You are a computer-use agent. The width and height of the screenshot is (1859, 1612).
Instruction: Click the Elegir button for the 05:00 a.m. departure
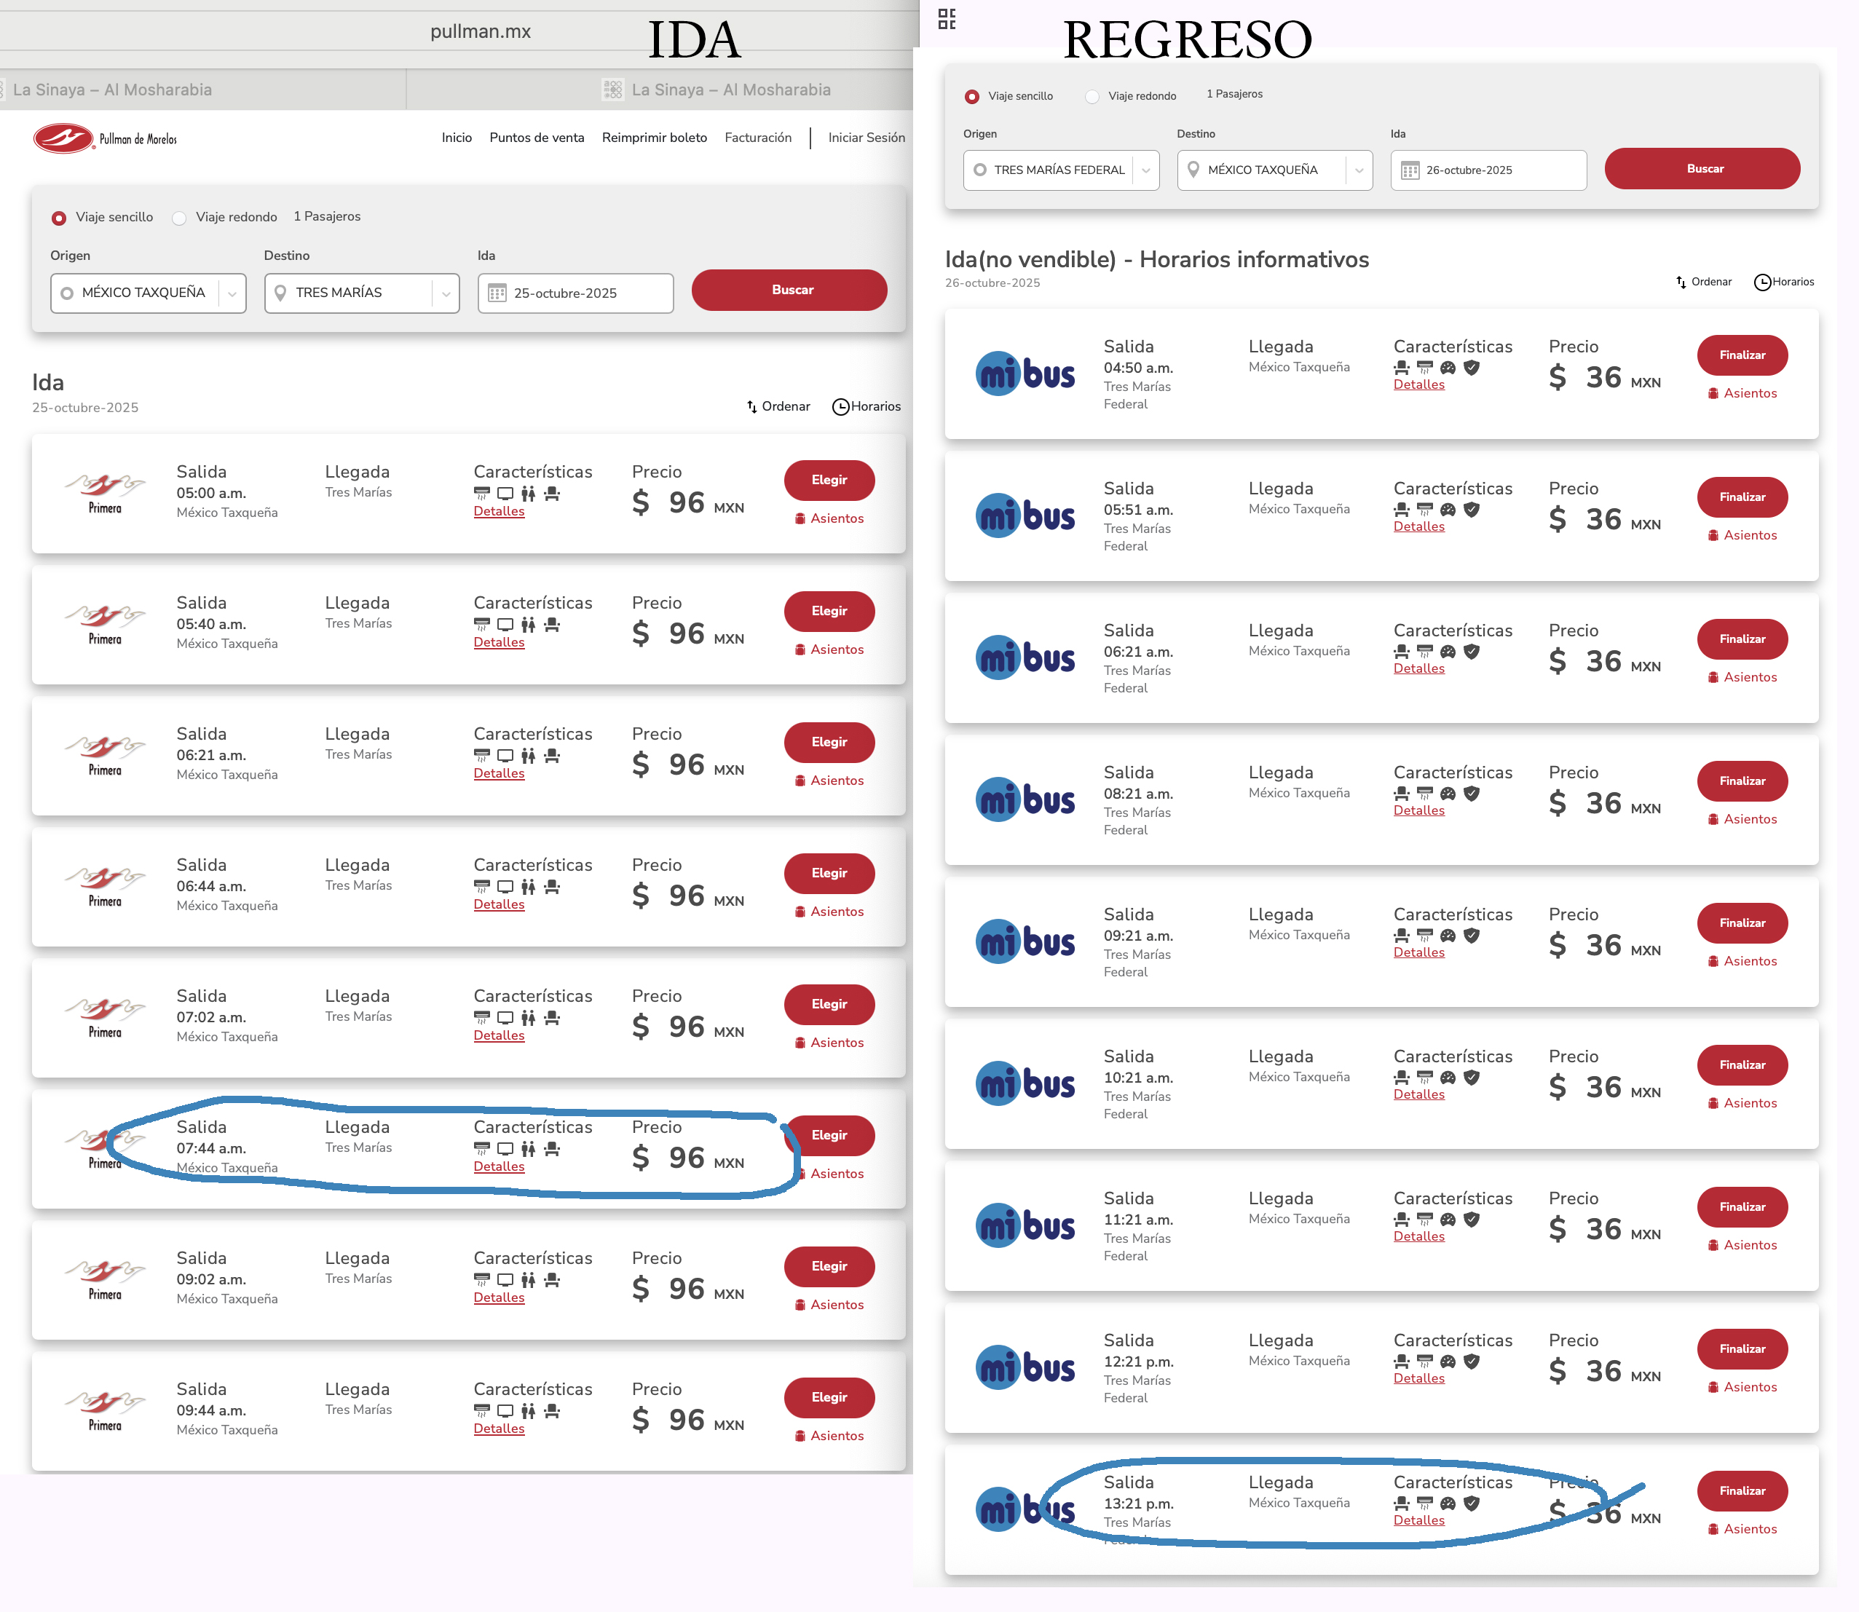click(x=828, y=481)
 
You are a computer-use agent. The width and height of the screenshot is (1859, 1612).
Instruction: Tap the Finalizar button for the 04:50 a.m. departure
click(x=1741, y=355)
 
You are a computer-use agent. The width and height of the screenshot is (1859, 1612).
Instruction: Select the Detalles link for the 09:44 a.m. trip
click(x=499, y=1429)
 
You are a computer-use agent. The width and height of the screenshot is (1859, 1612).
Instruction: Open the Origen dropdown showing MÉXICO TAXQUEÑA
click(x=149, y=293)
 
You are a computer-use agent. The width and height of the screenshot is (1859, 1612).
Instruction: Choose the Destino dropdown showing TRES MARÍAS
click(x=362, y=293)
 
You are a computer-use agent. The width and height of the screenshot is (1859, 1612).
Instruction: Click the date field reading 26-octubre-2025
click(x=1488, y=170)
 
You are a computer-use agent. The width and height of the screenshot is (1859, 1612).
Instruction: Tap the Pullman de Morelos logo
click(x=106, y=138)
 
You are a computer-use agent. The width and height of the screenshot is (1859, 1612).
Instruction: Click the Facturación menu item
click(x=757, y=138)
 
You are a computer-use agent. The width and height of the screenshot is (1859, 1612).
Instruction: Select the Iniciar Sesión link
click(x=866, y=138)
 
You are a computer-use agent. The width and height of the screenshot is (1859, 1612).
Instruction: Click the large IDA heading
click(x=694, y=41)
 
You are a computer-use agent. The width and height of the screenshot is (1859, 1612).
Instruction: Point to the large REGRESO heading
click(x=1187, y=41)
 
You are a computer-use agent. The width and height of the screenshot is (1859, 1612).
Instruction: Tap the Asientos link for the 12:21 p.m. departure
click(x=1749, y=1387)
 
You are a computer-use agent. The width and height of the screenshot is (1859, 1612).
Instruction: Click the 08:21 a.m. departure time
click(x=1137, y=794)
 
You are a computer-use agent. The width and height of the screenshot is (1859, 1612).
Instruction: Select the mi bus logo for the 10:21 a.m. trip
click(x=1025, y=1084)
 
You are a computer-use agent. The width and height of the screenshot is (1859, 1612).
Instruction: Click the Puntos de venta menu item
click(x=536, y=138)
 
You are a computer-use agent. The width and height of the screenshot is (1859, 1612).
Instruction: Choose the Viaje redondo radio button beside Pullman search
click(x=180, y=218)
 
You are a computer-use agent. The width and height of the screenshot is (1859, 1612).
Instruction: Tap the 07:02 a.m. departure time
click(x=210, y=1017)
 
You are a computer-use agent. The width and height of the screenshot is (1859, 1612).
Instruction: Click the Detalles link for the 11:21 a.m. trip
click(x=1418, y=1237)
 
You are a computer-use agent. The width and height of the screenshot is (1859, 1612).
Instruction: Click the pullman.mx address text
click(x=481, y=31)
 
